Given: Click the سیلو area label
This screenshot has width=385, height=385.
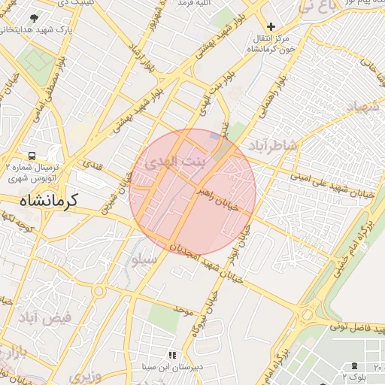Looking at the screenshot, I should tap(144, 260).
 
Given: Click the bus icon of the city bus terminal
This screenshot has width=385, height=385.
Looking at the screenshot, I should tap(32, 155).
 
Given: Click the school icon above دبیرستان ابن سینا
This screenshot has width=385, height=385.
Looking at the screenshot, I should tap(172, 355).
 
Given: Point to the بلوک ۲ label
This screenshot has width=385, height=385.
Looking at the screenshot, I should tap(354, 374).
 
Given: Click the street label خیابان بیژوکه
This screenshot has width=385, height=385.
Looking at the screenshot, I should tap(202, 316).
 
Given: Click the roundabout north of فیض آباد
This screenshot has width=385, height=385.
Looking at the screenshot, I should tap(99, 291).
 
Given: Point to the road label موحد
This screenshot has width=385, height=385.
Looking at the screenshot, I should tap(183, 309).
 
